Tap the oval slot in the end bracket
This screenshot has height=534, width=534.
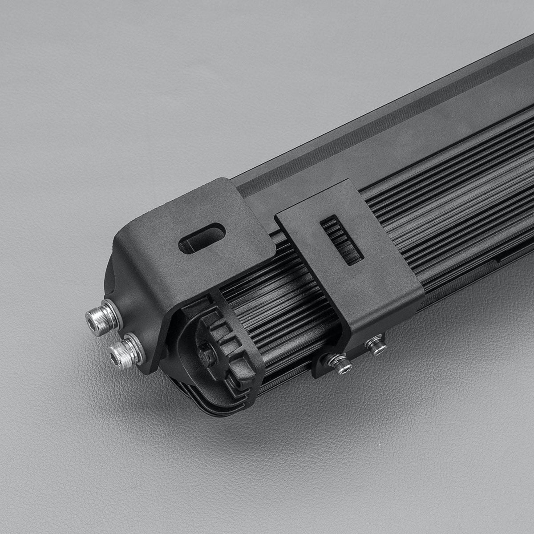point(202,238)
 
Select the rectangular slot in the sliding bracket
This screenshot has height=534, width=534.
point(342,240)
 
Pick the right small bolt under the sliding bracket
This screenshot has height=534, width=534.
point(376,345)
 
